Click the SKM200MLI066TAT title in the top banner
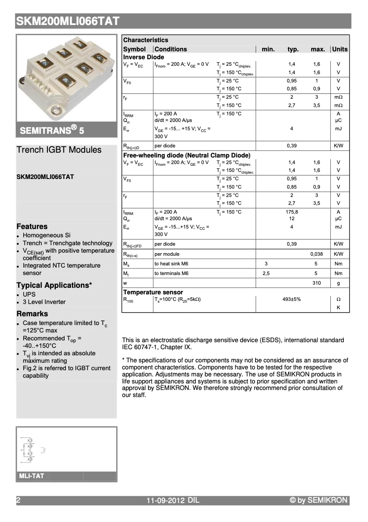point(68,21)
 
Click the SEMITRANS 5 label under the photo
point(51,130)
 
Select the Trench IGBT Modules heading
point(59,150)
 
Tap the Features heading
point(32,227)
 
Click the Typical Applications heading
point(54,286)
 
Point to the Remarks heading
point(32,314)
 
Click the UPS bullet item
point(29,294)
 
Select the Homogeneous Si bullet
point(47,236)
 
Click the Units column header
point(339,49)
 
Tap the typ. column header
point(293,49)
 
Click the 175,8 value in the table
point(292,212)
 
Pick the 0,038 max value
point(316,254)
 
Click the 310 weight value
point(316,283)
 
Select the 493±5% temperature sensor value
point(292,299)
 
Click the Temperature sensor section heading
point(153,292)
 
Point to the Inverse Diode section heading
point(144,57)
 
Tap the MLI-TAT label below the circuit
point(31,476)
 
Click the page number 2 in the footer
point(18,501)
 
